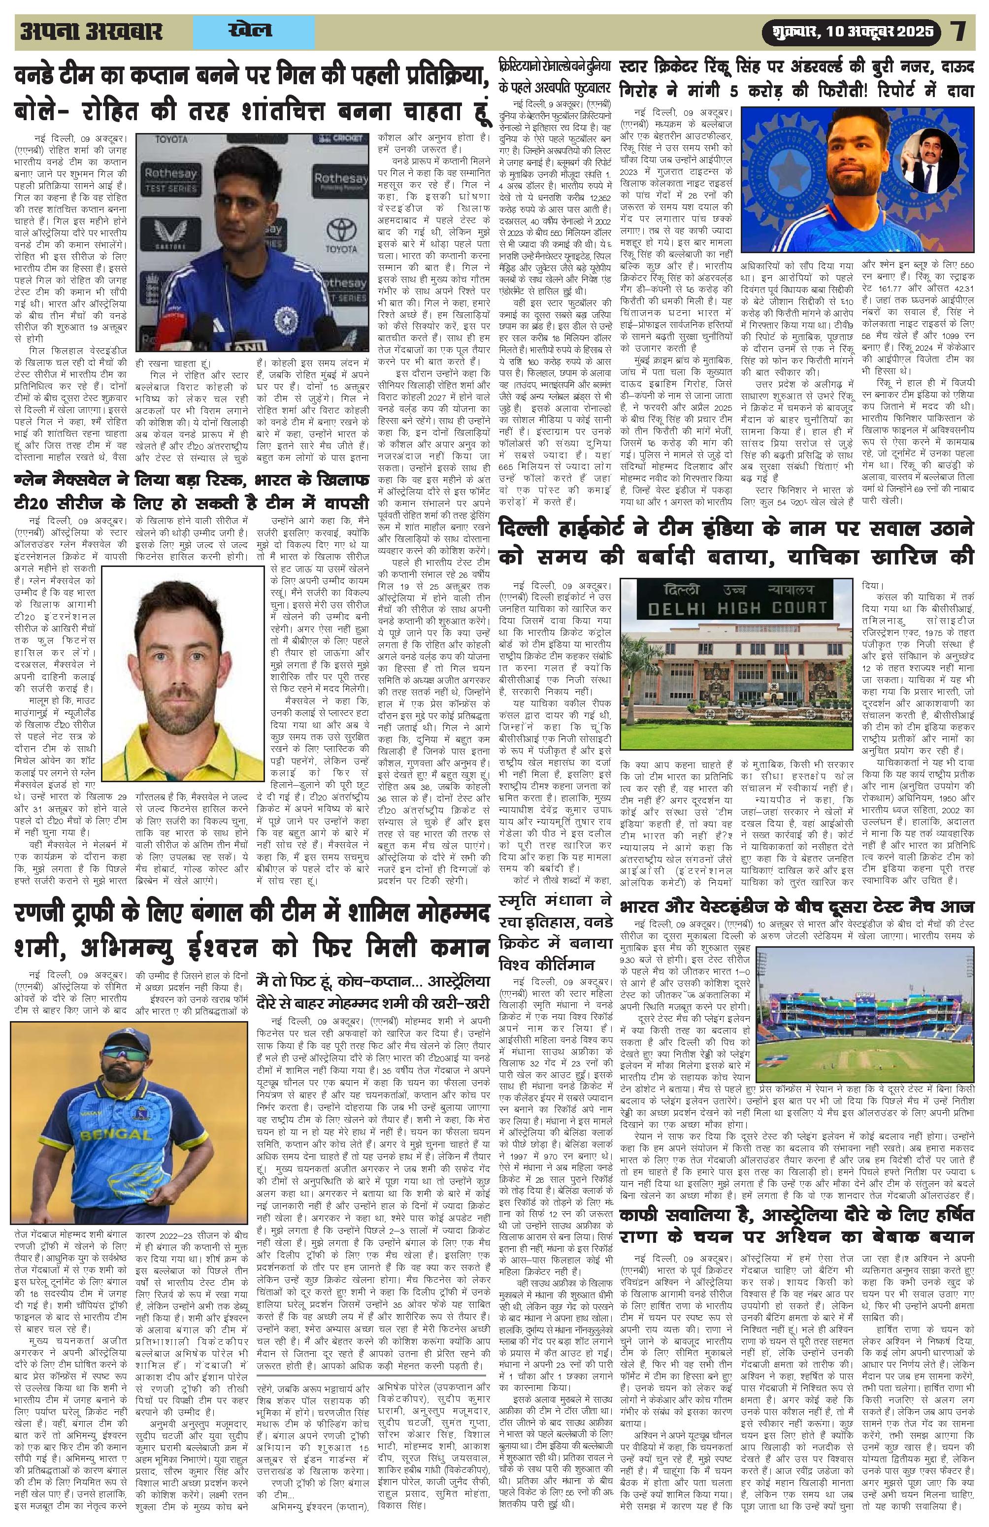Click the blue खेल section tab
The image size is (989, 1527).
250,32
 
